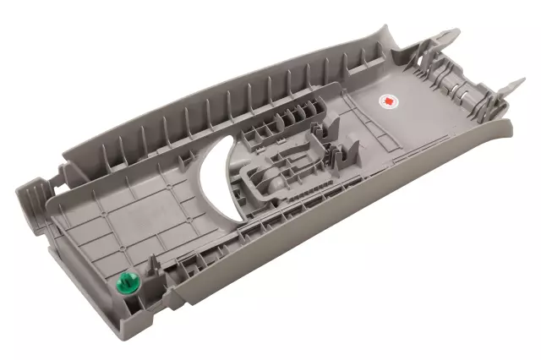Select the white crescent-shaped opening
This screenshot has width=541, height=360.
tap(218, 177)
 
